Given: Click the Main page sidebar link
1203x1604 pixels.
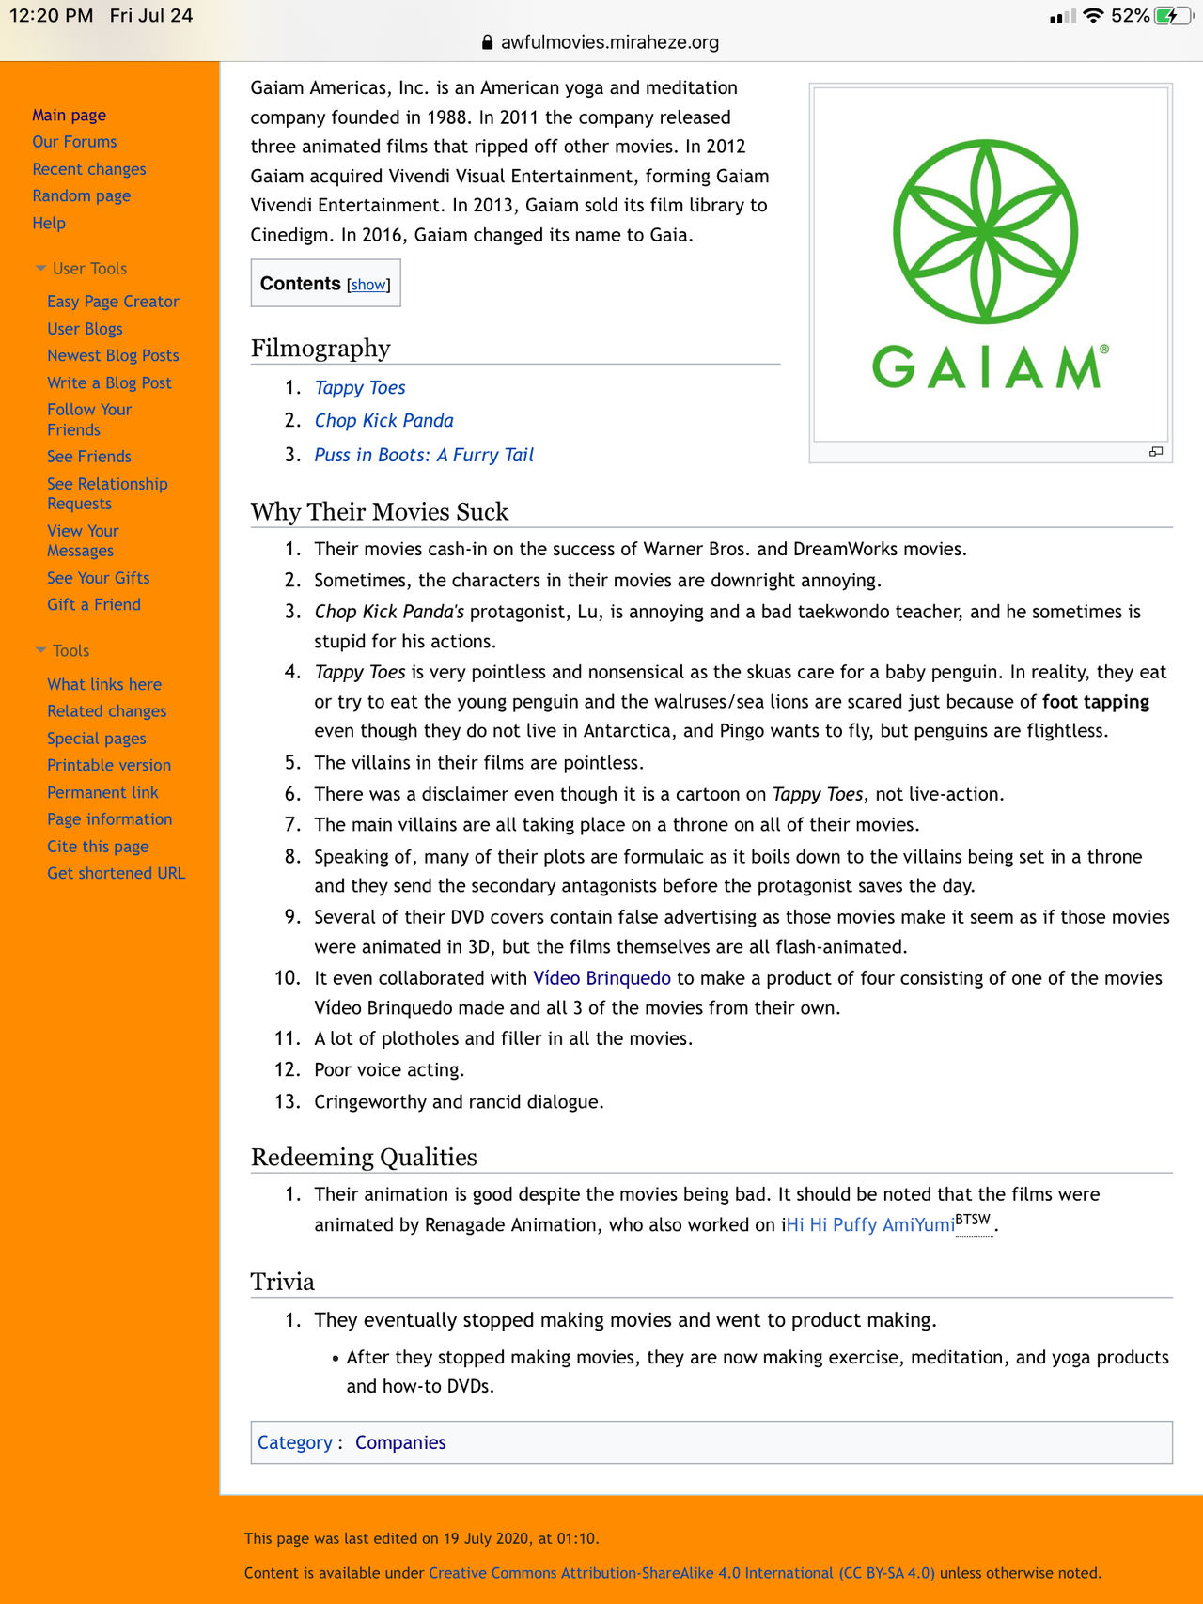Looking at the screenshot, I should point(69,115).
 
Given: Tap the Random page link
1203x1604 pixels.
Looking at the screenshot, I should point(81,195).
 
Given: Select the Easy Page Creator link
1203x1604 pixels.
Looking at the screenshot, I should point(113,302).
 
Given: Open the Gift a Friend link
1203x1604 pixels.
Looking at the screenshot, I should point(94,604).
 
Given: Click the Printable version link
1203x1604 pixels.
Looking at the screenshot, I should point(109,765).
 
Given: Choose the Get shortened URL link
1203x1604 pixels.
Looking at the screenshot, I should point(116,873).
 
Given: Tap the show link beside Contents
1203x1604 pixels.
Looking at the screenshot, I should point(368,285).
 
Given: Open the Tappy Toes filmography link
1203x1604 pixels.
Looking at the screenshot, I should point(360,387).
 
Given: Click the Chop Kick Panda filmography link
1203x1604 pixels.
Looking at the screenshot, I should point(383,420).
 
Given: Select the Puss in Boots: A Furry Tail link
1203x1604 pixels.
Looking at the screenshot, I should point(424,455).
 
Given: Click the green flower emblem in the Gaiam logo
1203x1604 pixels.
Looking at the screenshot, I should point(985,231).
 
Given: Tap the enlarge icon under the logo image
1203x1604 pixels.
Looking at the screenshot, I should point(1156,452).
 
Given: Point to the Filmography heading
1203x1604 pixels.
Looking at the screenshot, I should point(320,349).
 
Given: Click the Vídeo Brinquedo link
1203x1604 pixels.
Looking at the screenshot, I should point(601,978).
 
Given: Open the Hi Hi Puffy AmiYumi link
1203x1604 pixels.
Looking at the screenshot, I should point(870,1224).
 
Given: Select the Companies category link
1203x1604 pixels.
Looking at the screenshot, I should point(400,1442).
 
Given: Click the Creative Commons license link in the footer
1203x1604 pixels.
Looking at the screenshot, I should point(681,1573).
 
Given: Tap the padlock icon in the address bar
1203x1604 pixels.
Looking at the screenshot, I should point(487,42).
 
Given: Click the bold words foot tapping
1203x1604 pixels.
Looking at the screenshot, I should point(1096,702).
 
